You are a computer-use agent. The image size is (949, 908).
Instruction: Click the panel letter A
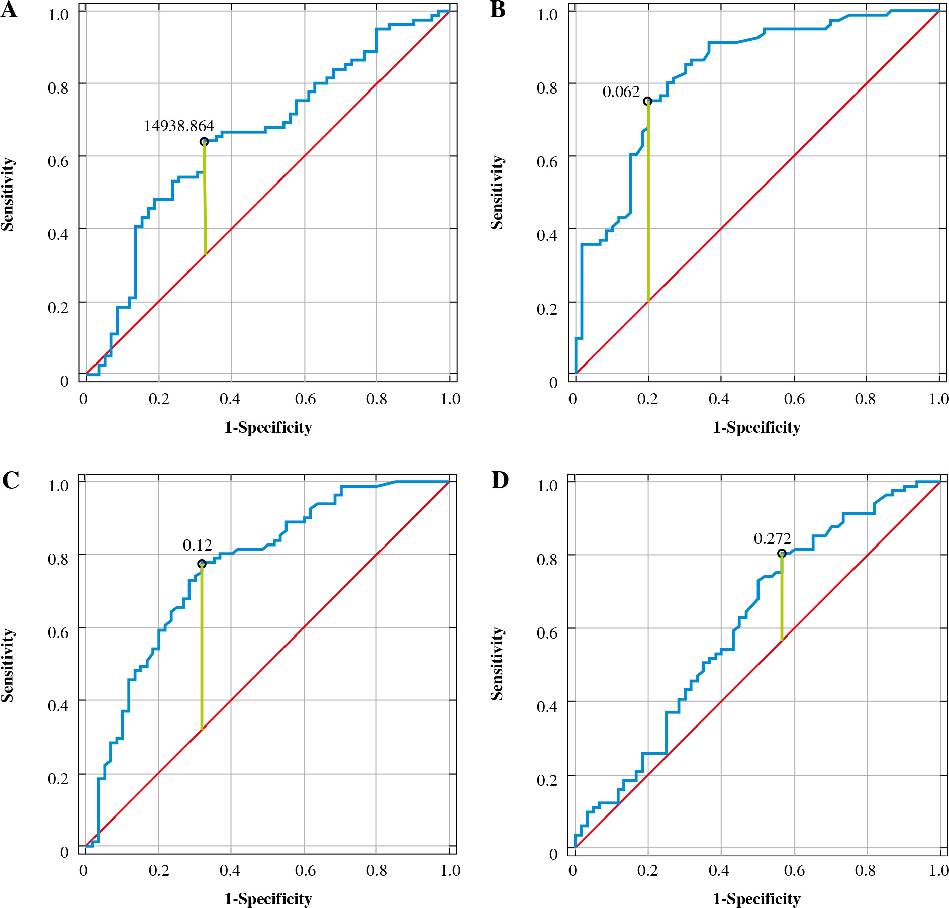click(9, 10)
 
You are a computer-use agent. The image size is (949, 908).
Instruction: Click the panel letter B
click(498, 10)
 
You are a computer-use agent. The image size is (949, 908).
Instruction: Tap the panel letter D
click(500, 480)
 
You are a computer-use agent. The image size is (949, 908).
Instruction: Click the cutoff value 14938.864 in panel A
click(179, 126)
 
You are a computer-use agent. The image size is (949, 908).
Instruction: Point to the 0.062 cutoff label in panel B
click(621, 92)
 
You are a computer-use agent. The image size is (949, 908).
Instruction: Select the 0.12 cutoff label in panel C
click(197, 545)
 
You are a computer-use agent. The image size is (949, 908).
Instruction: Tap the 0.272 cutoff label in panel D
click(772, 538)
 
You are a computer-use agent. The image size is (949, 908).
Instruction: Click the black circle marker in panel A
click(204, 142)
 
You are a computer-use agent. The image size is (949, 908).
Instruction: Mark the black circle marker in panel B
click(648, 101)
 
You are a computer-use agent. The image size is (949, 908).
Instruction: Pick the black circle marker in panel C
click(202, 564)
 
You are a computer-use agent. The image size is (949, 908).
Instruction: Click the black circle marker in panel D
click(782, 554)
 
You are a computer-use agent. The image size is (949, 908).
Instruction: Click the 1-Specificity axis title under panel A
click(268, 427)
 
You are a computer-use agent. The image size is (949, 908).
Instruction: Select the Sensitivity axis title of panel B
click(497, 193)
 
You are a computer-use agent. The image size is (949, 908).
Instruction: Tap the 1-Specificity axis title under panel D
click(756, 898)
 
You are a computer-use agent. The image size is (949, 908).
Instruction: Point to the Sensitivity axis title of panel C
click(7, 665)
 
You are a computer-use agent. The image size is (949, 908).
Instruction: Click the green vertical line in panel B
click(648, 201)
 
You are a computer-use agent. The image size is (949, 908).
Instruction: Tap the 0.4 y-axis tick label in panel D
click(547, 707)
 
